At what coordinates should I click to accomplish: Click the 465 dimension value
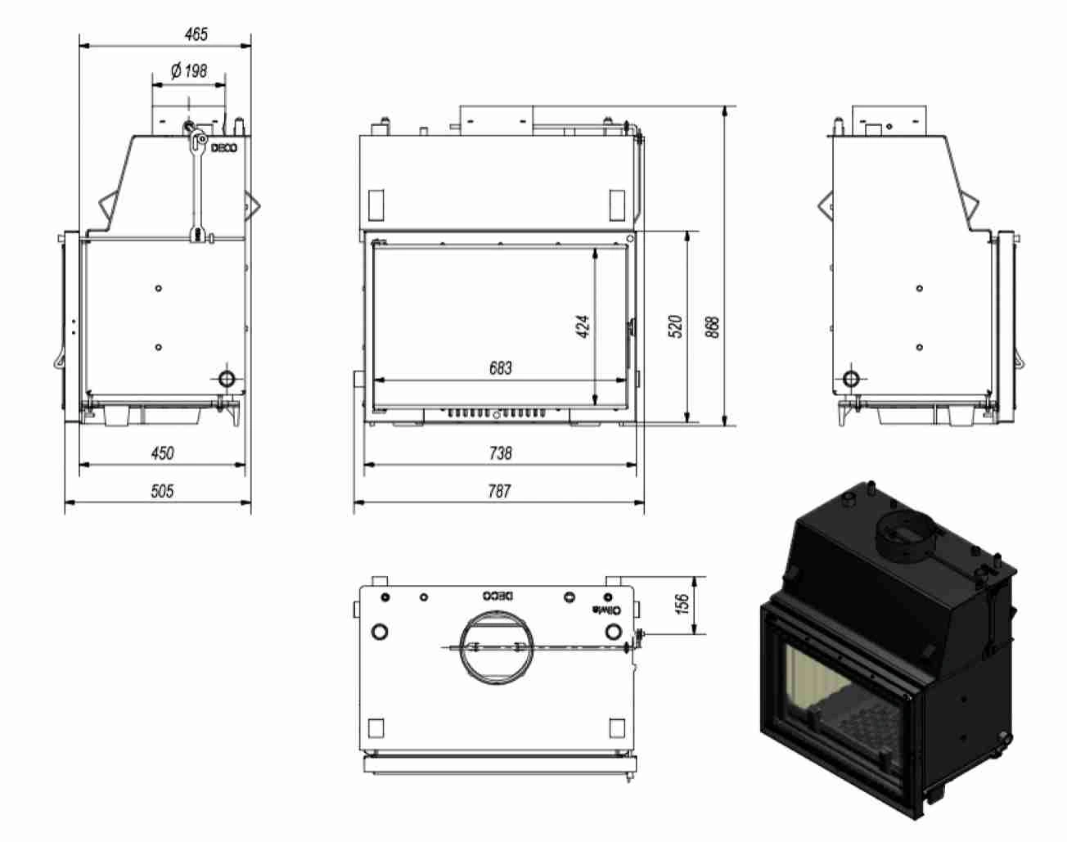[196, 34]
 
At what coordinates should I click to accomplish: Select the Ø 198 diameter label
[188, 71]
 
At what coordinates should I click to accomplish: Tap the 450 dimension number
[163, 453]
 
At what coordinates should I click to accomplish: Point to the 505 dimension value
[163, 491]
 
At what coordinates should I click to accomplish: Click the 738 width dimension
[499, 453]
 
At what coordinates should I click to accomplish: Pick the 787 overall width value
[499, 491]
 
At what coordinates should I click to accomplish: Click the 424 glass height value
[583, 326]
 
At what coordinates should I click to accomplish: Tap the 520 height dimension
[676, 326]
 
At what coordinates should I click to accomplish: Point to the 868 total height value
[713, 328]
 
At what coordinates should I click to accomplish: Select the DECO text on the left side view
[224, 148]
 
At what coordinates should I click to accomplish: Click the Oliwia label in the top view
[608, 610]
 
